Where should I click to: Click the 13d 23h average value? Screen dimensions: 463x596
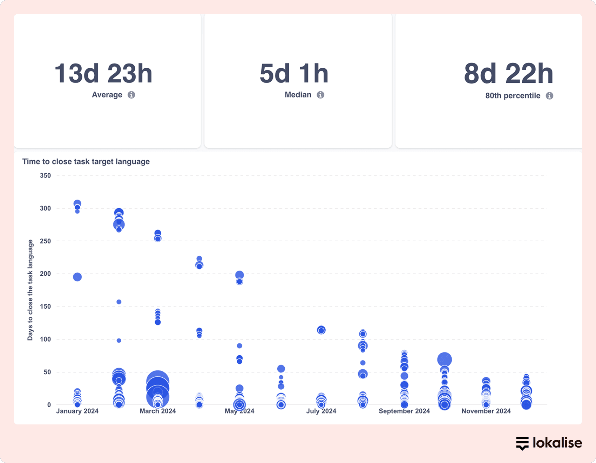[x=103, y=74]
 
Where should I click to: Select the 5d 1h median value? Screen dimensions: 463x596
[x=294, y=74]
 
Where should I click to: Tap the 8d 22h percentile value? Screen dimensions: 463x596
[x=508, y=74]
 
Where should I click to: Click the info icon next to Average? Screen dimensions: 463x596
[x=131, y=95]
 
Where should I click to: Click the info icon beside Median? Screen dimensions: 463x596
[x=320, y=95]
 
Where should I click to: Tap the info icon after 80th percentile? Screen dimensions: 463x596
[x=549, y=96]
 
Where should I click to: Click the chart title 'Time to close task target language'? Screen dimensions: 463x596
[x=86, y=162]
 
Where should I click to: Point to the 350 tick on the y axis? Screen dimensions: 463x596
[x=45, y=176]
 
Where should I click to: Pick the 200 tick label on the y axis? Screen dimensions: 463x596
[x=45, y=274]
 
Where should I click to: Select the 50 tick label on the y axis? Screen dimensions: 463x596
[x=47, y=372]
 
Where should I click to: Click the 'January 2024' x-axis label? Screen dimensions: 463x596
[x=77, y=411]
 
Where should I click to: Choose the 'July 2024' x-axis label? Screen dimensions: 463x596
[x=321, y=411]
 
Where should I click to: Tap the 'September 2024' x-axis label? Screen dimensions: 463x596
[x=404, y=411]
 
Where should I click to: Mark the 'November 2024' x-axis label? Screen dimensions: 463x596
[x=486, y=411]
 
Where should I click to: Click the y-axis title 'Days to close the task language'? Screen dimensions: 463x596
[x=30, y=290]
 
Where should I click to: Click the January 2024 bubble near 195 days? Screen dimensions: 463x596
[x=77, y=277]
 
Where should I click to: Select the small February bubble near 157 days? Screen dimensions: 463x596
[x=119, y=302]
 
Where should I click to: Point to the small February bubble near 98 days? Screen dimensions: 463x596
[x=119, y=341]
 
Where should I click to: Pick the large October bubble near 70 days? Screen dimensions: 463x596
[x=445, y=360]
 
